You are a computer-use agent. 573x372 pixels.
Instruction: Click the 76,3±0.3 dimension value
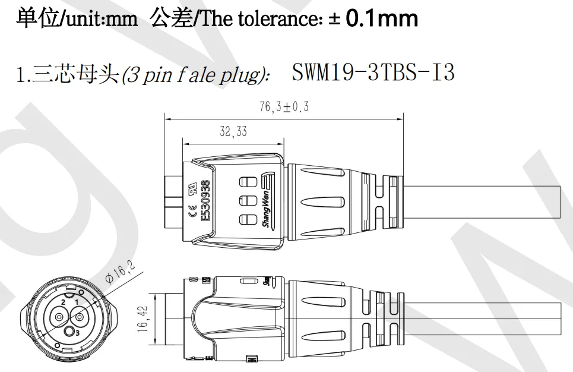pos(284,108)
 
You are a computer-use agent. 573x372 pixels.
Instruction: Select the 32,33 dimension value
pos(233,132)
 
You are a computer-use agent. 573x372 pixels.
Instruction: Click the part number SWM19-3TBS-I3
pos(373,72)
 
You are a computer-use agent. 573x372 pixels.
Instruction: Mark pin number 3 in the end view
pos(77,334)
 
